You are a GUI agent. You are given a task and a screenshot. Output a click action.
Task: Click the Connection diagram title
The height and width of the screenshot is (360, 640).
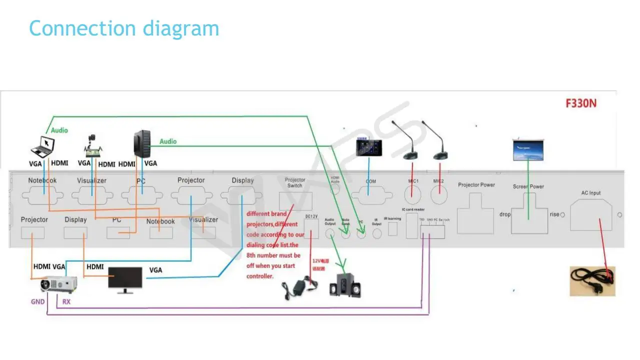point(124,28)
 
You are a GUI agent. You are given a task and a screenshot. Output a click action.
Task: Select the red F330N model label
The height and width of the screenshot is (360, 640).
point(581,104)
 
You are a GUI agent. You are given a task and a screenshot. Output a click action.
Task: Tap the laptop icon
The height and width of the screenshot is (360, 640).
point(42,146)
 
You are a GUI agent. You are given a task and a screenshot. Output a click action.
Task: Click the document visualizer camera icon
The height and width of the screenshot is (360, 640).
point(93,145)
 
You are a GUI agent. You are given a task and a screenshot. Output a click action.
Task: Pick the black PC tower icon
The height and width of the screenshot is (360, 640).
point(142,143)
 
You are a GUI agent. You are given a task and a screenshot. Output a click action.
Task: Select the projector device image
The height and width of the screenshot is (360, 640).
point(59,284)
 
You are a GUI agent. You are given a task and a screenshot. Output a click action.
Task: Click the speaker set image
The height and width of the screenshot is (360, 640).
point(344,285)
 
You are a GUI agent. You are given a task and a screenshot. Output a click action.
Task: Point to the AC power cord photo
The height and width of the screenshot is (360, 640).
point(592,281)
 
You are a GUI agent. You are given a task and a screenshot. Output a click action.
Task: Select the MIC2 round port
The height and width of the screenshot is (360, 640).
point(438,193)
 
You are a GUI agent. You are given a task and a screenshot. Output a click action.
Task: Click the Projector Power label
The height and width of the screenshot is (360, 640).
point(476,185)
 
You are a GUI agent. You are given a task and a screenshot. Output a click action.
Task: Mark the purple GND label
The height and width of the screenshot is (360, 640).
point(38,301)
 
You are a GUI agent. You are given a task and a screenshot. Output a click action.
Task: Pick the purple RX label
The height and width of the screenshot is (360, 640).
point(66,301)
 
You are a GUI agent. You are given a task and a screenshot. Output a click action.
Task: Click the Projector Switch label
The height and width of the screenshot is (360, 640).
point(294,182)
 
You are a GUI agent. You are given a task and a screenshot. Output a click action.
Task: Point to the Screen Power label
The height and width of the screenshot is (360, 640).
point(528,186)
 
